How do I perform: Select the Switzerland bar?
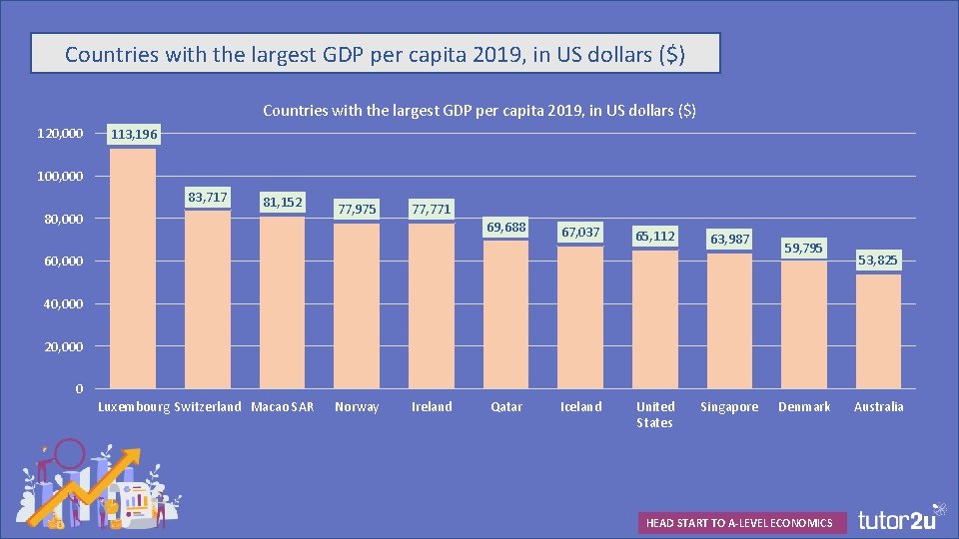pyautogui.click(x=208, y=298)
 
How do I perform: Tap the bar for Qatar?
pyautogui.click(x=506, y=313)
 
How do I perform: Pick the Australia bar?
pyautogui.click(x=878, y=330)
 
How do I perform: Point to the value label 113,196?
pyautogui.click(x=133, y=134)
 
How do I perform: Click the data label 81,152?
pyautogui.click(x=282, y=202)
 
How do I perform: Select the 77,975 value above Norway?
pyautogui.click(x=357, y=209)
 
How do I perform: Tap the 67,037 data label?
pyautogui.click(x=580, y=233)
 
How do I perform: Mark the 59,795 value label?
pyautogui.click(x=804, y=246)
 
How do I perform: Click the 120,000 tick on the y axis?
pyautogui.click(x=61, y=133)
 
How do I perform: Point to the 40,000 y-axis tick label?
pyautogui.click(x=61, y=303)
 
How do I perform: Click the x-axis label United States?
pyautogui.click(x=655, y=414)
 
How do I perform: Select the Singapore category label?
pyautogui.click(x=729, y=406)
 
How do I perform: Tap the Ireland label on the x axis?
pyautogui.click(x=432, y=406)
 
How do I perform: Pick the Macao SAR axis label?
pyautogui.click(x=282, y=406)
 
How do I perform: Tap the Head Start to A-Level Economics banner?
pyautogui.click(x=739, y=522)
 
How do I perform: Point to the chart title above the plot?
pyautogui.click(x=479, y=111)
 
